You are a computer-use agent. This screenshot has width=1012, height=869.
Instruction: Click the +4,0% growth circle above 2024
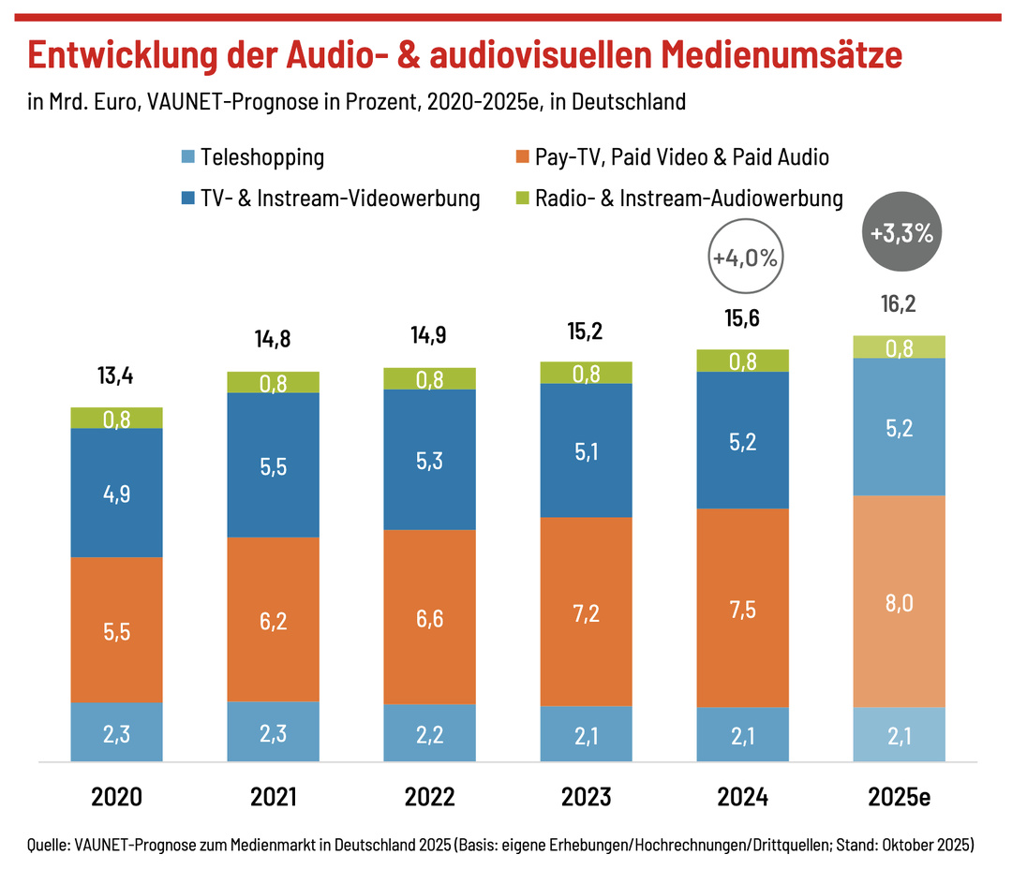tap(744, 258)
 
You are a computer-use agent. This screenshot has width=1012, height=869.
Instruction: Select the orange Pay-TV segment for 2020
tap(117, 629)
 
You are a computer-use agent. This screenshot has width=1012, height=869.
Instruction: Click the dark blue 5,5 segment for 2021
tap(274, 464)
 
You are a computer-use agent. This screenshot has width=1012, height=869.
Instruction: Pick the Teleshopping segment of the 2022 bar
tap(429, 732)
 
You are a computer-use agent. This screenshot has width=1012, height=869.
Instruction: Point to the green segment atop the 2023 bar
tap(586, 373)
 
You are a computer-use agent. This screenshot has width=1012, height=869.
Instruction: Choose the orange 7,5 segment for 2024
tap(742, 608)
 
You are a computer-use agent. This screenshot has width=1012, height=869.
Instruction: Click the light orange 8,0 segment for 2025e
tap(899, 601)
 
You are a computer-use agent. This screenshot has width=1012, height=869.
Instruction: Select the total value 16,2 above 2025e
tap(899, 304)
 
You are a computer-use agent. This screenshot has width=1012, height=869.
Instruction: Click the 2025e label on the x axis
tap(899, 797)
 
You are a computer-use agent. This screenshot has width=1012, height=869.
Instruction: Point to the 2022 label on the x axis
tap(429, 797)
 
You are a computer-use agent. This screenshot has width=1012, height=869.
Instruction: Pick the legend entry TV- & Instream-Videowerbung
tap(340, 199)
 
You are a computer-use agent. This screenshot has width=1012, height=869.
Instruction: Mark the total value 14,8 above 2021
tap(274, 339)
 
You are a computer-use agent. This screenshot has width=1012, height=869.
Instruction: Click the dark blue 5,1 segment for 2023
tap(586, 451)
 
